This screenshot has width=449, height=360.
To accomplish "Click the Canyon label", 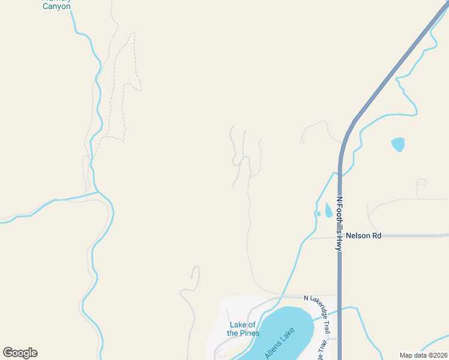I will point(56,6).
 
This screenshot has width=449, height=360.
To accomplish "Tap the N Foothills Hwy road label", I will point(339,223).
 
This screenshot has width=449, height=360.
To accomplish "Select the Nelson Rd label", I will point(364,236).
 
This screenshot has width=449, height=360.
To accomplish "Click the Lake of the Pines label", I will point(243,329).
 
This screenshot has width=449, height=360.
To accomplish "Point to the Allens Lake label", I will point(280,343).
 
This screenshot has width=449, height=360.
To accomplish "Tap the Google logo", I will point(20,353).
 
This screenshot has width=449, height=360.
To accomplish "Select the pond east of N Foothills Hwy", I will point(397,144).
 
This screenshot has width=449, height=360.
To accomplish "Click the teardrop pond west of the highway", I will point(328,210).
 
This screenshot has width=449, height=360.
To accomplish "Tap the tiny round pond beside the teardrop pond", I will point(318,214).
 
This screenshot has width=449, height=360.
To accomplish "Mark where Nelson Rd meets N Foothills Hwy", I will point(339,236).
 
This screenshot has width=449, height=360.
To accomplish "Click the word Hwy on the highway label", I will point(339,242).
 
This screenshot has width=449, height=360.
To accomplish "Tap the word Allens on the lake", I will point(273,349).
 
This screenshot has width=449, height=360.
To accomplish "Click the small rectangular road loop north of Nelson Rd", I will point(421,181).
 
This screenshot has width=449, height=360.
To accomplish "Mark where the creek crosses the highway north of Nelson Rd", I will point(339,174).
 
